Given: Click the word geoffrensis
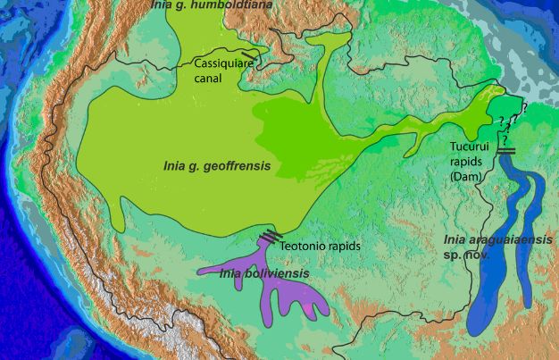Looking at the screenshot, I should pyautogui.click(x=236, y=166).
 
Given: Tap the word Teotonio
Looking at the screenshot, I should pyautogui.click(x=303, y=244).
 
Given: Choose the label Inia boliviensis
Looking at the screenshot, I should pyautogui.click(x=264, y=273).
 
